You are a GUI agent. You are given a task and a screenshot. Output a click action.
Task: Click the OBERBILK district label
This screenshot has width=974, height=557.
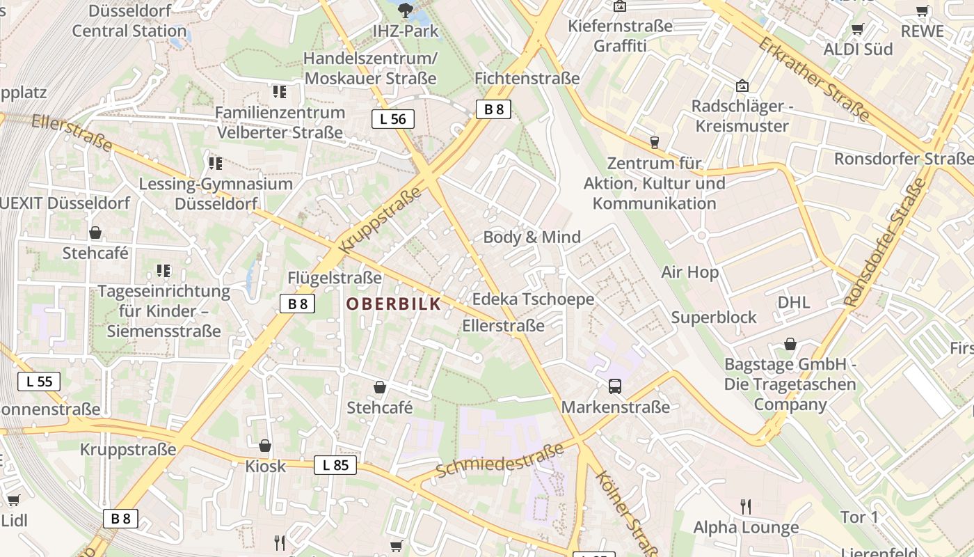394,304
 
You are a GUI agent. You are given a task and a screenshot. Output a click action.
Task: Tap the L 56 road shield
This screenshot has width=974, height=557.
392,119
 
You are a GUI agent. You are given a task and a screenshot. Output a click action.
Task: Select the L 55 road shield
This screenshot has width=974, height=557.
39,382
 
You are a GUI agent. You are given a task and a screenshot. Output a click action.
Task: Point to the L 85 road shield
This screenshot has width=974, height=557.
335,465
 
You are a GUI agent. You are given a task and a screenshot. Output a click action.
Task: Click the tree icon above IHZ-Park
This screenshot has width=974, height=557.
404,10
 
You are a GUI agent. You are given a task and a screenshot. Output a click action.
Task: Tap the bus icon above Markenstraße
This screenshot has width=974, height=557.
615,386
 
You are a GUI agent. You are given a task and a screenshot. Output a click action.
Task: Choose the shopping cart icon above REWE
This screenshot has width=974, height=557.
923,10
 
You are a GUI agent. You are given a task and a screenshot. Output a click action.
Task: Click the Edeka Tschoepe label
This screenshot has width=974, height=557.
533,299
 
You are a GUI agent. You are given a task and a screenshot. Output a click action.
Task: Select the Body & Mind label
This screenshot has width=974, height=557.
532,237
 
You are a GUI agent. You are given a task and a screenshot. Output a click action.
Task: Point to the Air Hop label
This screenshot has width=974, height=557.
689,272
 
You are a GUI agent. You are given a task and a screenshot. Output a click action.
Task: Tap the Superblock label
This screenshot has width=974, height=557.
714,317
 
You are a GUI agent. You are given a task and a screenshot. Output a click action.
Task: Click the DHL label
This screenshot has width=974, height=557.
794,302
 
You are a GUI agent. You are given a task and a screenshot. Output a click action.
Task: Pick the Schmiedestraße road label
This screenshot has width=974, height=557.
500,462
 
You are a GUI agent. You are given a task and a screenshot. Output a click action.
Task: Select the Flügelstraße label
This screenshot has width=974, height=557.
335,278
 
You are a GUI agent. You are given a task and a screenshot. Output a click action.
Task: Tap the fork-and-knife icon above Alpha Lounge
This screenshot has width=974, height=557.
746,506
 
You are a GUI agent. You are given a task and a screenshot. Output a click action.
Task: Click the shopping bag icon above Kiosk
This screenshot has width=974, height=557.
265,446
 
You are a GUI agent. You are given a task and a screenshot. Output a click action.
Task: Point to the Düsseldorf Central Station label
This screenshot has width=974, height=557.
129,21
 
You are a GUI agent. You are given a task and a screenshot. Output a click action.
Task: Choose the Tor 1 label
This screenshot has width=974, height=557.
859,517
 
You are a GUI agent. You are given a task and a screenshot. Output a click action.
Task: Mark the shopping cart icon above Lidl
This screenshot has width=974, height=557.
13,500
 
